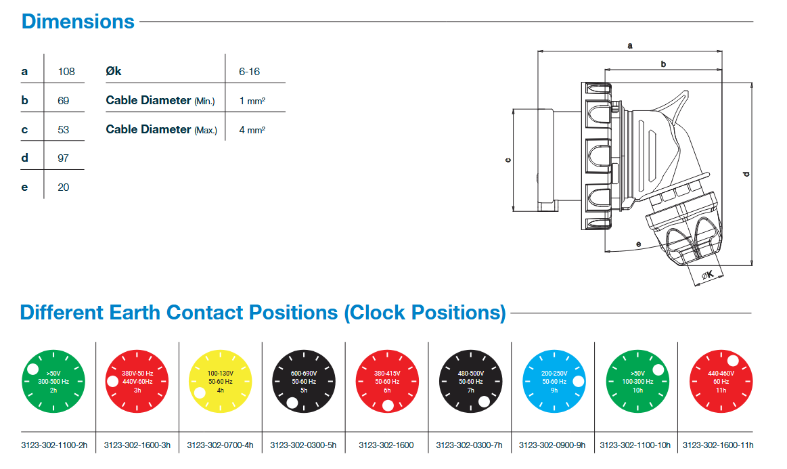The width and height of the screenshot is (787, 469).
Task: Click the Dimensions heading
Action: coord(78,21)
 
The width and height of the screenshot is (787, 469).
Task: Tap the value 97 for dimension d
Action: coord(64,158)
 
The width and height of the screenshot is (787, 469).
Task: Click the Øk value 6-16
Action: coord(249,71)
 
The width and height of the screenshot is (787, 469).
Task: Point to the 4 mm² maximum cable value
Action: coord(252,129)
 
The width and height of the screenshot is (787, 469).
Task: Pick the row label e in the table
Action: coord(25,187)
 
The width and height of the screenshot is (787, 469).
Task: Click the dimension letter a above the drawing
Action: coord(630,46)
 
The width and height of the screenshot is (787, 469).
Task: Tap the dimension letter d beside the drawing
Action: coord(746,174)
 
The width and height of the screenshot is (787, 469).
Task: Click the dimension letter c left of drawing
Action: coord(508,160)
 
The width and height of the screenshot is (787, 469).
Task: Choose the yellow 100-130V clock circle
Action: coord(221,381)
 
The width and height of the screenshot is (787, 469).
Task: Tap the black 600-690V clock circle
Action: coord(304,381)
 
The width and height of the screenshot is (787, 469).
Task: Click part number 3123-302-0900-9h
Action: coord(552,445)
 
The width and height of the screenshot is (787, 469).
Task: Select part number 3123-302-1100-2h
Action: coord(54,445)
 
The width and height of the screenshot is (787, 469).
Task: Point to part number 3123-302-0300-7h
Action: coord(469,445)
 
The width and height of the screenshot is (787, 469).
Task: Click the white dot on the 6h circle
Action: coord(388,406)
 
